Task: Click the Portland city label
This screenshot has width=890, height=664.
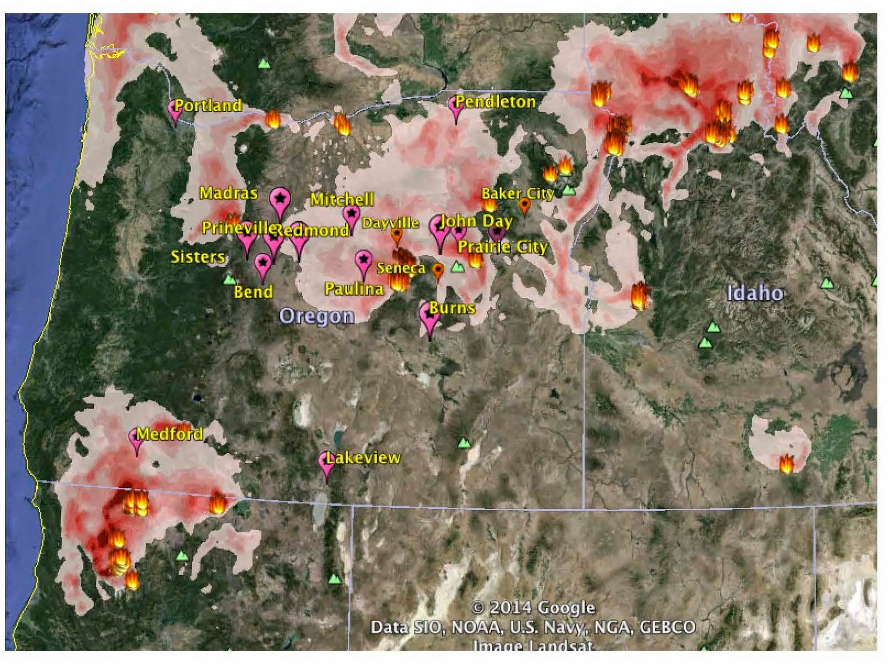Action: pyautogui.click(x=208, y=106)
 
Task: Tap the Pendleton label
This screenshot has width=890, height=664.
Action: pyautogui.click(x=495, y=102)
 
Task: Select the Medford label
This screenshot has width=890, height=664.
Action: pyautogui.click(x=170, y=434)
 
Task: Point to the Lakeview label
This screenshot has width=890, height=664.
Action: pyautogui.click(x=363, y=458)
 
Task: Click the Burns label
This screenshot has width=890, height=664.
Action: pyautogui.click(x=452, y=308)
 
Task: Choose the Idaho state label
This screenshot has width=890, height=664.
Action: pyautogui.click(x=755, y=293)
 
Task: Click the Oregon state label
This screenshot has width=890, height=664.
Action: pyautogui.click(x=317, y=316)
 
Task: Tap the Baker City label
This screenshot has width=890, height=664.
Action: pyautogui.click(x=517, y=194)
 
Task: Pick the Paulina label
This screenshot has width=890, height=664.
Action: pyautogui.click(x=354, y=289)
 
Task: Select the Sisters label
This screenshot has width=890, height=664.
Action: pyautogui.click(x=197, y=257)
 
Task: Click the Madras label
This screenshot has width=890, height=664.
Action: pyautogui.click(x=229, y=193)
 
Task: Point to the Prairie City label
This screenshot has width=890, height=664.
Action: pyautogui.click(x=503, y=247)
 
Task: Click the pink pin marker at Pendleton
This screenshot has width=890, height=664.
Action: pyautogui.click(x=456, y=107)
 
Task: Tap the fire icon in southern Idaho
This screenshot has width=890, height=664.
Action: pyautogui.click(x=786, y=463)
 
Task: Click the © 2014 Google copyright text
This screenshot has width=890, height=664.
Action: pyautogui.click(x=533, y=608)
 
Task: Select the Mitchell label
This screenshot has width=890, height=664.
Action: pyautogui.click(x=342, y=199)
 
